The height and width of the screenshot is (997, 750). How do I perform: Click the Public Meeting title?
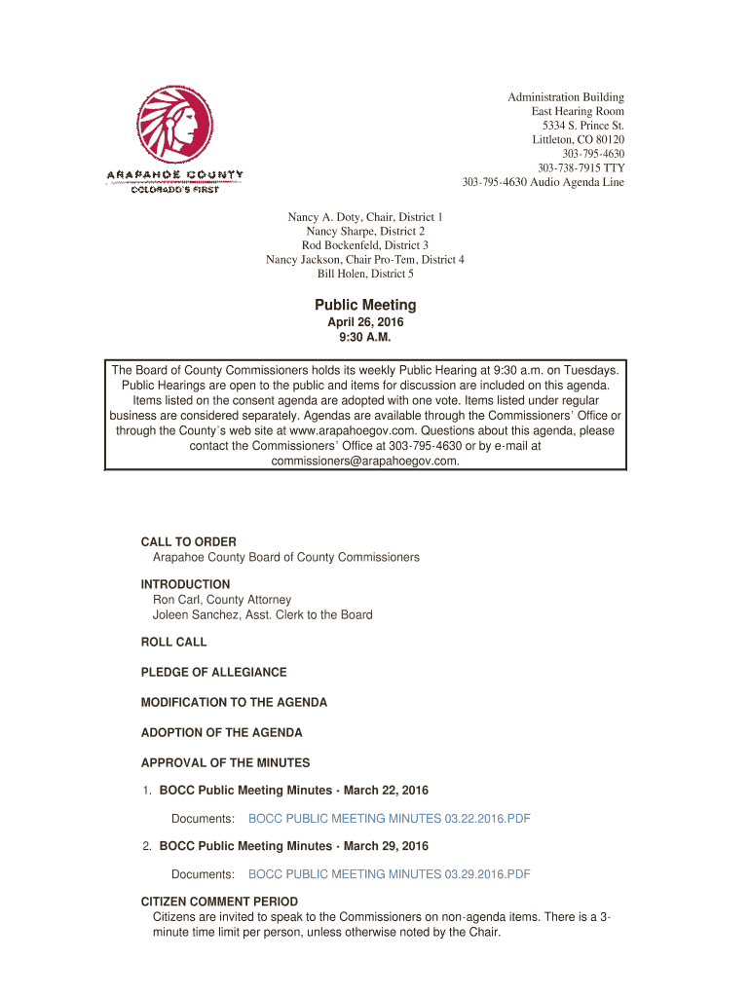point(365,306)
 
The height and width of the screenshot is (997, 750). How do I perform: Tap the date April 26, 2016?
point(365,323)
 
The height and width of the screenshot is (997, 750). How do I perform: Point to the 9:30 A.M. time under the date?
point(365,338)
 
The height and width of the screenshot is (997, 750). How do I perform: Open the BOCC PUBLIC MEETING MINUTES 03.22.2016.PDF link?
point(390,819)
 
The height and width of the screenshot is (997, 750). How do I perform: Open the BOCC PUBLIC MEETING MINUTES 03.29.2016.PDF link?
point(390,874)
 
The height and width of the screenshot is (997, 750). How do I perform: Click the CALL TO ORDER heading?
point(189,542)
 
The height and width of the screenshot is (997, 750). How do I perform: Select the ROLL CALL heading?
point(174,643)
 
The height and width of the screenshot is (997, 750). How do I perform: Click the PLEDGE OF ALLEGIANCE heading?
point(214,673)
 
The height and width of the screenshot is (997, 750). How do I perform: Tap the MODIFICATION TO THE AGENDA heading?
point(234,703)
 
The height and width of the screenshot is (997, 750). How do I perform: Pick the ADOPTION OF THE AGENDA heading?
point(222,733)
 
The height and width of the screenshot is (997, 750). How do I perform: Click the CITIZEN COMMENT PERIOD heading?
point(219,903)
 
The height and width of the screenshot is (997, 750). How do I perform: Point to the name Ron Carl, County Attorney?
point(222,601)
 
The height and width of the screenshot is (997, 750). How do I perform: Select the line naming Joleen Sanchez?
point(263,615)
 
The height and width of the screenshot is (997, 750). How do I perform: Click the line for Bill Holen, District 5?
point(365,275)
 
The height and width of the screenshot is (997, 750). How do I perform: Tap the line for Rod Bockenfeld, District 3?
point(365,245)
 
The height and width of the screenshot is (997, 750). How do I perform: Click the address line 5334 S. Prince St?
point(583,127)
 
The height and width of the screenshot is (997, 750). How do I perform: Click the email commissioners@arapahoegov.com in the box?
point(365,461)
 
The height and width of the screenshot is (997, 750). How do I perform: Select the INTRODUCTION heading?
point(186,585)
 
